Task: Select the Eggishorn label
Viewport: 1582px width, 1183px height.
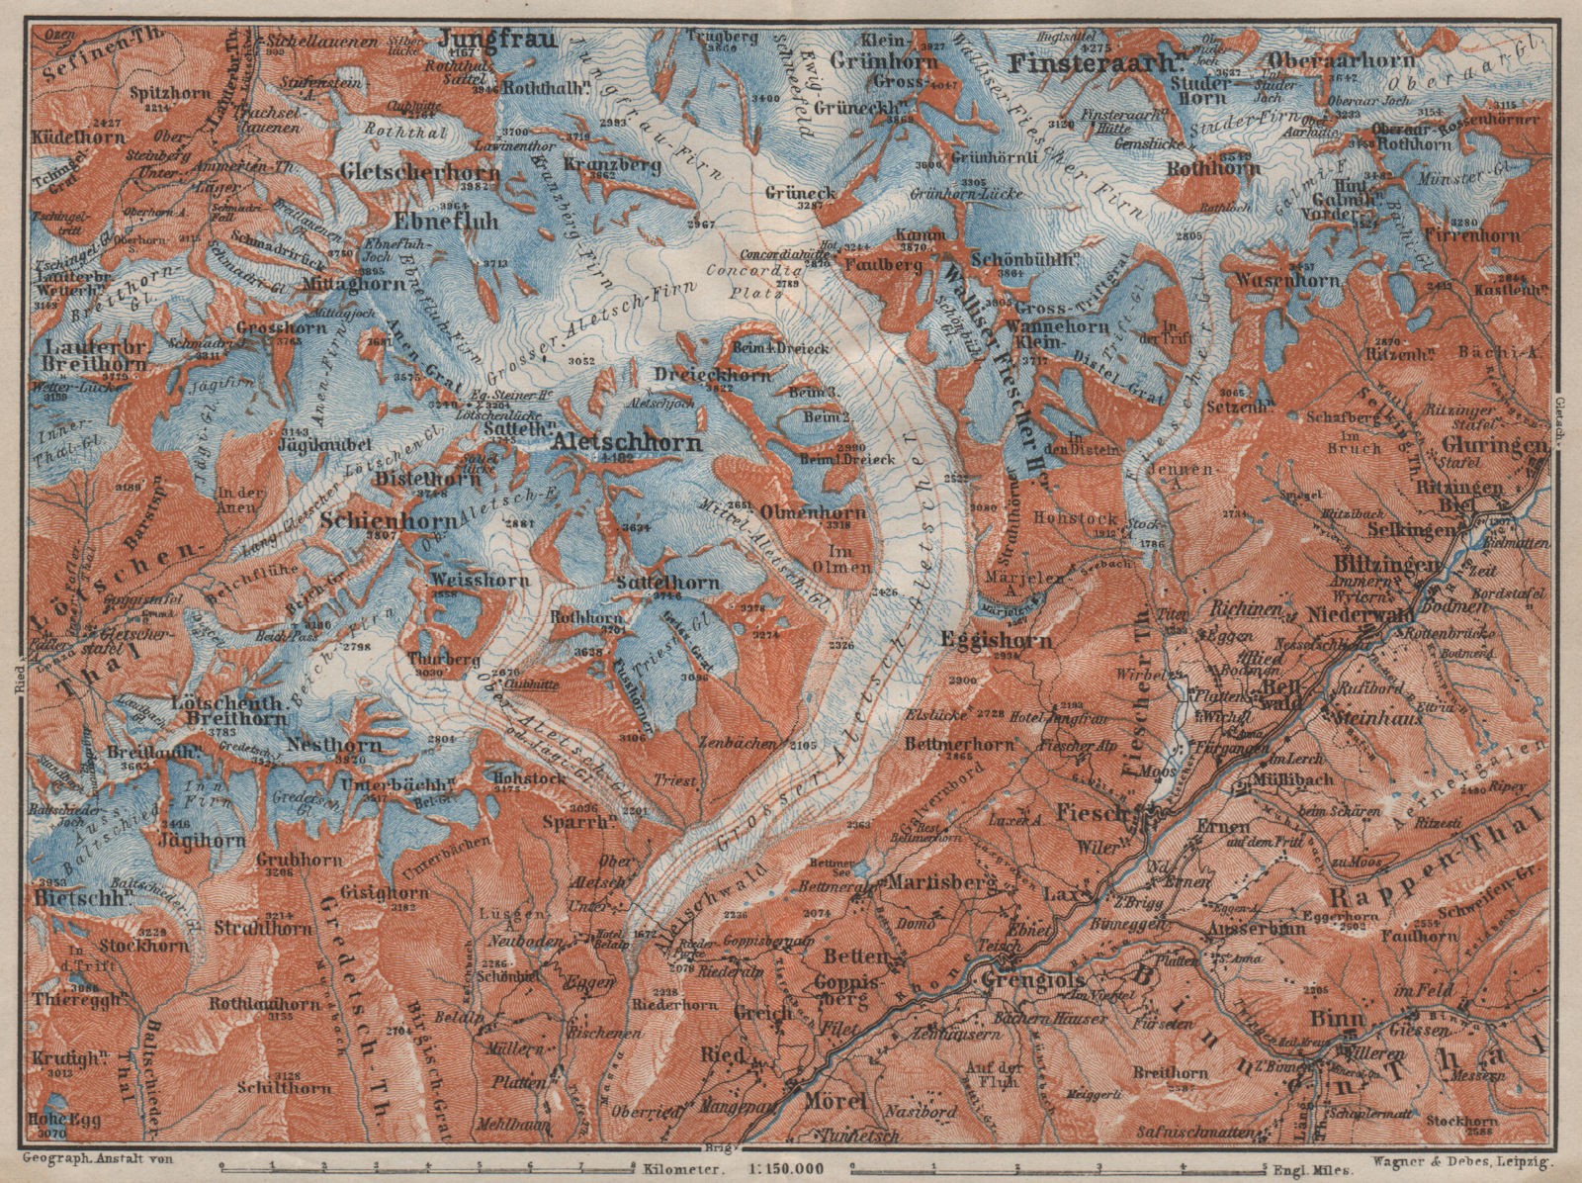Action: tap(995, 640)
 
